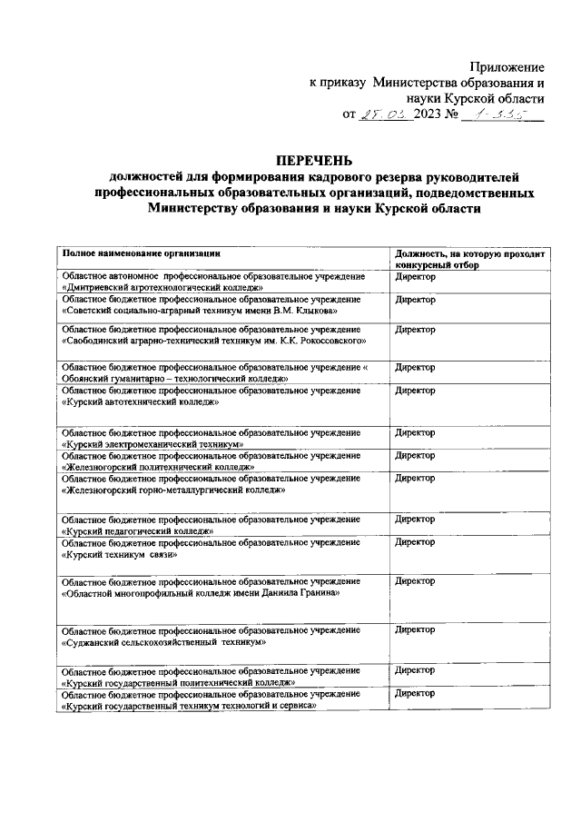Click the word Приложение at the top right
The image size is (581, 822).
pyautogui.click(x=507, y=67)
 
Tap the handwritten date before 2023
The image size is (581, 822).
pyautogui.click(x=386, y=115)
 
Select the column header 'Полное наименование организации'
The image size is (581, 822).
pyautogui.click(x=141, y=253)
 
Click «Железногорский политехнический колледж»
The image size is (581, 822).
pyautogui.click(x=157, y=467)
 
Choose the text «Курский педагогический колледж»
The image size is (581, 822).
pyautogui.click(x=137, y=530)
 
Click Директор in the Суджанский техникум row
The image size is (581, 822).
pyautogui.click(x=415, y=629)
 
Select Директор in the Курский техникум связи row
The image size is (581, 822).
pyautogui.click(x=415, y=541)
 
